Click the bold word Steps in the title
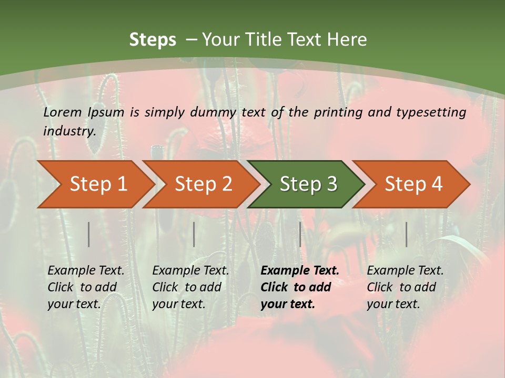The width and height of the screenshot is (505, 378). (153, 40)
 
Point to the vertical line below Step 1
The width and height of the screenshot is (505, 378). (89, 234)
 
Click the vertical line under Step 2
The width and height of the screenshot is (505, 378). (194, 234)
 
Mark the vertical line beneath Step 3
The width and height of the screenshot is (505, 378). (300, 234)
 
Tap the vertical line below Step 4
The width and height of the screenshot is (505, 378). (407, 234)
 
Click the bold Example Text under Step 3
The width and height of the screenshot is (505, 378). (300, 271)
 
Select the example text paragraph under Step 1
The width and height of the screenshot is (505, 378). (86, 287)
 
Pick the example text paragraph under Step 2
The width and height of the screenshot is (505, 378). (190, 287)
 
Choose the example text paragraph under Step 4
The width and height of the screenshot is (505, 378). (405, 287)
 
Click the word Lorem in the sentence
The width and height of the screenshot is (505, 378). (63, 112)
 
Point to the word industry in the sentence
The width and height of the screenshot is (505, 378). (69, 131)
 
